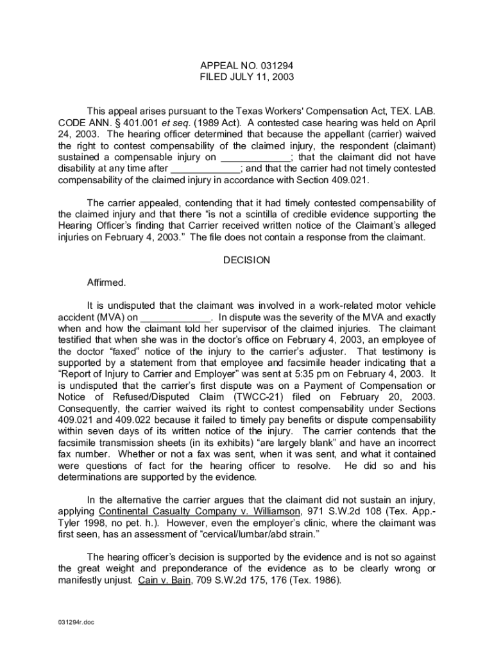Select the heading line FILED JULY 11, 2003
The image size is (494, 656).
[x=247, y=77]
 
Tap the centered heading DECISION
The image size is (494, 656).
[x=246, y=260]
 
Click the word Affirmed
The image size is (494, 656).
[x=106, y=282]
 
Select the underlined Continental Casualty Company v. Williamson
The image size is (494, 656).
[x=199, y=511]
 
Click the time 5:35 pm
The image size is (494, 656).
[x=321, y=373]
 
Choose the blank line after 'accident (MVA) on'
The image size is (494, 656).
[x=175, y=317]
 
